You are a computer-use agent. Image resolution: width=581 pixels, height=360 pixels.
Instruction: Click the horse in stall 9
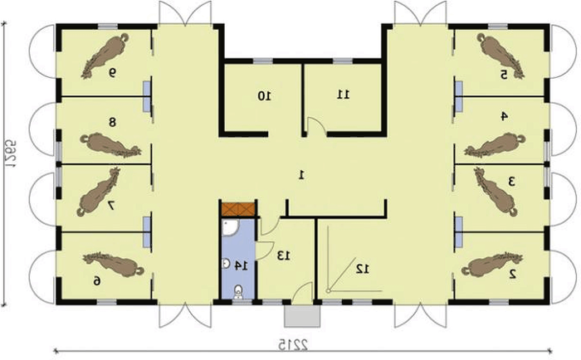tap(105, 56)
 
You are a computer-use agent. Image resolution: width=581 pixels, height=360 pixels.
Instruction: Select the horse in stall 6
tap(113, 264)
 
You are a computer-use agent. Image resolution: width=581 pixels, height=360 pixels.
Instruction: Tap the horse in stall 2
tap(492, 265)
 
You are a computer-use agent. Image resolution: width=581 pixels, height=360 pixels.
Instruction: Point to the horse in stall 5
tap(500, 56)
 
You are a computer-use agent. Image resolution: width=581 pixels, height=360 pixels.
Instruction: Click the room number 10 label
tap(264, 96)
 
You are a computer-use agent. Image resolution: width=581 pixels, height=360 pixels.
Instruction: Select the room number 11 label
tap(343, 95)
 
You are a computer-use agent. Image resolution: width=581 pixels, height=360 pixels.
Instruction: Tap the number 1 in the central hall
tap(301, 174)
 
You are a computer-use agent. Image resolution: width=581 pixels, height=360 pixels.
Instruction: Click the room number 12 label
tap(363, 269)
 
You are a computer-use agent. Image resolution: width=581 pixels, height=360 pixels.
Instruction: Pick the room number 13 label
tap(284, 255)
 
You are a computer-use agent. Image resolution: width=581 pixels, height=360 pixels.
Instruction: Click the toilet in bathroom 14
tap(238, 291)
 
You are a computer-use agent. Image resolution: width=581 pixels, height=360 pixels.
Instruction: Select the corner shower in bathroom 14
tap(231, 227)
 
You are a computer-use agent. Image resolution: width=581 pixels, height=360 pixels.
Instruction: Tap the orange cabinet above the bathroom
tap(238, 209)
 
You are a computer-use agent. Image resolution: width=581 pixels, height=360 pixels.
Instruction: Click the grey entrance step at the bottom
tap(302, 316)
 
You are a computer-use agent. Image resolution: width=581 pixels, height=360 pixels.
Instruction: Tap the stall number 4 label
tap(504, 116)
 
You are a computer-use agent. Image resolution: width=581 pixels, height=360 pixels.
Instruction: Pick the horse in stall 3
tap(496, 192)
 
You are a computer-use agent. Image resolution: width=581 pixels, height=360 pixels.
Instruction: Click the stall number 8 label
tap(112, 122)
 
